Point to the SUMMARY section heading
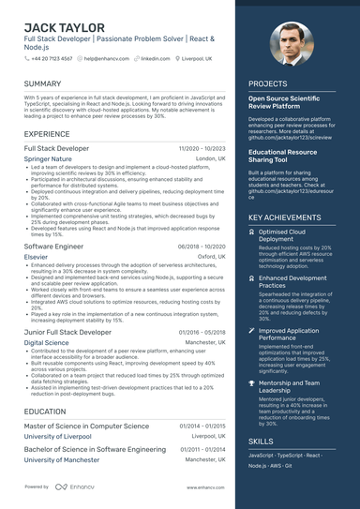point(42,83)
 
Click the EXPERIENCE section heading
point(47,134)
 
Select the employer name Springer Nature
point(48,159)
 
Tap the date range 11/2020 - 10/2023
point(202,149)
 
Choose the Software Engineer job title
point(53,246)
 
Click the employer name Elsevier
point(37,256)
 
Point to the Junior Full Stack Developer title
point(67,332)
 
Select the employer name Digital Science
point(47,343)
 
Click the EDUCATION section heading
point(45,411)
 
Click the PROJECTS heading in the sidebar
point(268,83)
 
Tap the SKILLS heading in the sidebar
point(262,441)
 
